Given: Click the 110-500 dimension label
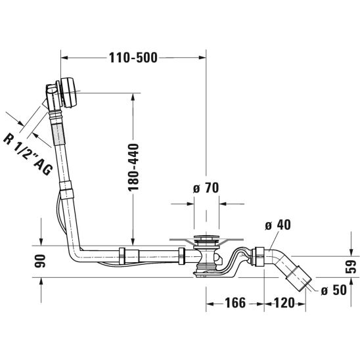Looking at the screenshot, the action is (x=133, y=58).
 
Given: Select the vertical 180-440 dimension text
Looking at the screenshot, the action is (x=133, y=168).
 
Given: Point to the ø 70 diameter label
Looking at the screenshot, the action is (x=206, y=188).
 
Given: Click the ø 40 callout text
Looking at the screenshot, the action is (x=278, y=225).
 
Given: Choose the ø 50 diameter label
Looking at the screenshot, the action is (x=334, y=290).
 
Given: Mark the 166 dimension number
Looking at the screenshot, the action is (x=235, y=303).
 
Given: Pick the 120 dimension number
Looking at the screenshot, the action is (x=284, y=303).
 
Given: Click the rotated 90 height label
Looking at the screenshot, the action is (x=40, y=261).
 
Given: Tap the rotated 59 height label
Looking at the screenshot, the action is (x=351, y=267).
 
